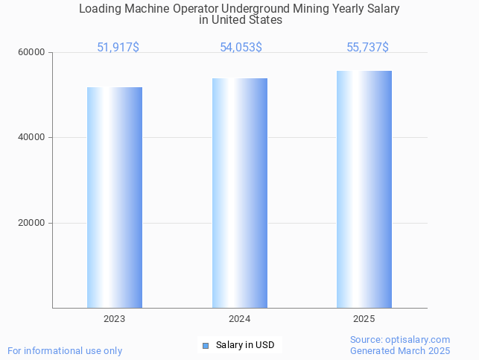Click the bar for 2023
click(115, 198)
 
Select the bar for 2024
click(240, 193)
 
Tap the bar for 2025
click(364, 189)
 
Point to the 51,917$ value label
click(118, 47)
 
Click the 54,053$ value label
click(241, 47)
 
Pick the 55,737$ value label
click(367, 47)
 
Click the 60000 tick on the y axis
click(32, 52)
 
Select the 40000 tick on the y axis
click(32, 137)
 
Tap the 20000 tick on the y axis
click(32, 223)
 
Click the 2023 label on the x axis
click(115, 319)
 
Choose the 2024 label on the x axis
click(240, 319)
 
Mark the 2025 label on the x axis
click(364, 319)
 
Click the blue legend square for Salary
click(206, 345)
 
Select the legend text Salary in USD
click(245, 345)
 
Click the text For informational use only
click(65, 350)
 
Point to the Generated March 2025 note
click(400, 350)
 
